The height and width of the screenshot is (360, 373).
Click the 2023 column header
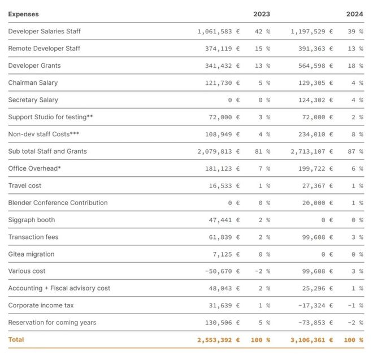[x=261, y=14]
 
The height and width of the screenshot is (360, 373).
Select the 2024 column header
[x=354, y=14]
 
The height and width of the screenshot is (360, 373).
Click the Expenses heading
[x=23, y=14]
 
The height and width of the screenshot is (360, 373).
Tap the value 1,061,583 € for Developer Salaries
[x=218, y=32]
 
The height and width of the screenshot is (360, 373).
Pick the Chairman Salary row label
[x=33, y=83]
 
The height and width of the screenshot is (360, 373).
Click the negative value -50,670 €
[x=222, y=271]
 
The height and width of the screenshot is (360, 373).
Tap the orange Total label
[x=16, y=340]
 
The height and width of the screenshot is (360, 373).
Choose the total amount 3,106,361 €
[x=311, y=340]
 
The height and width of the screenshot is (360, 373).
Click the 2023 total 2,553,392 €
[x=218, y=340]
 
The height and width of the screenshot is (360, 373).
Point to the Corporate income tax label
[x=41, y=306]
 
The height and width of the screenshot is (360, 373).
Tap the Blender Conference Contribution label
[x=58, y=203]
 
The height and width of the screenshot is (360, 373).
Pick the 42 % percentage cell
[x=262, y=32]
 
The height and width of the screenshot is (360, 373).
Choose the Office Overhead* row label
[x=34, y=168]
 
